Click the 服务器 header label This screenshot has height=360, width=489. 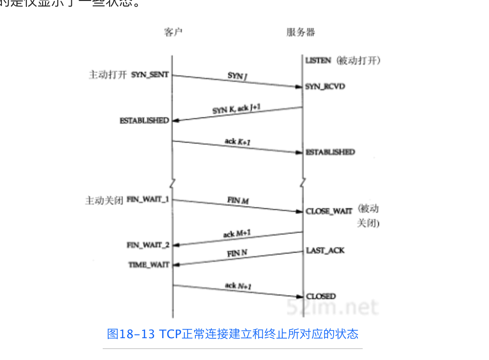(300, 32)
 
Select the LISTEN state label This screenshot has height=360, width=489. (318, 60)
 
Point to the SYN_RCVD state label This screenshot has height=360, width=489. (325, 86)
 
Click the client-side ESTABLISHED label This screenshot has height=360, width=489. (144, 121)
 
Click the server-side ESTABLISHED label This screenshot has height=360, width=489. (330, 152)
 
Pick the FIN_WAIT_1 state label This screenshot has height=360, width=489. (148, 200)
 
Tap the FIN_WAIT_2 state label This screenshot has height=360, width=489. (148, 245)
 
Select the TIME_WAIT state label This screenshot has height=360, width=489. (149, 265)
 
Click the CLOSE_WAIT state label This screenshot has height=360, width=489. (329, 211)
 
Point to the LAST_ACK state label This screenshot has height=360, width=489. (325, 250)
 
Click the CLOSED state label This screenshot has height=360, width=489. (321, 296)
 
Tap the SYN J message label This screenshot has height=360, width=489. (237, 76)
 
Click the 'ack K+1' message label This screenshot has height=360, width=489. (238, 142)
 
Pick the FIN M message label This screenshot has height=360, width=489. (238, 200)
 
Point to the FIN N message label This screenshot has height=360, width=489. (237, 253)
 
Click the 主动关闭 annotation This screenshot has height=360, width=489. (104, 200)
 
